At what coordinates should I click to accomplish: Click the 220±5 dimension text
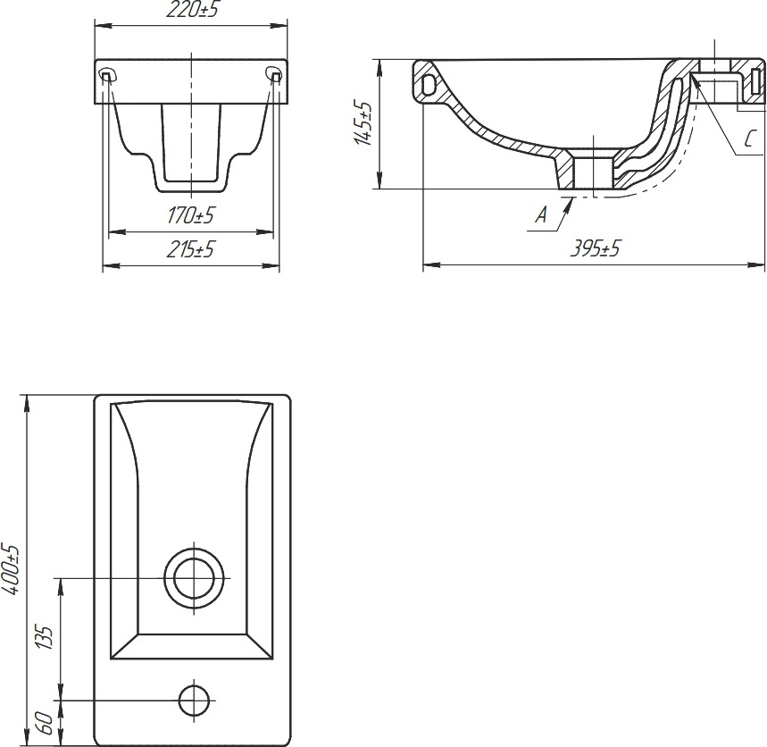(x=191, y=10)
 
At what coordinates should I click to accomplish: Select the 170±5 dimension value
(x=191, y=215)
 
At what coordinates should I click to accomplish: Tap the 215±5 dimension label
(x=191, y=249)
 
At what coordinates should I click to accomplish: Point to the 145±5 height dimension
(x=363, y=123)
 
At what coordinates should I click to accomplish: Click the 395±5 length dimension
(x=595, y=248)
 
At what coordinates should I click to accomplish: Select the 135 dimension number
(x=45, y=637)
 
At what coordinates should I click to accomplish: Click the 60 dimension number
(x=45, y=722)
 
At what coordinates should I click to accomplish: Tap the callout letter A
(x=540, y=214)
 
